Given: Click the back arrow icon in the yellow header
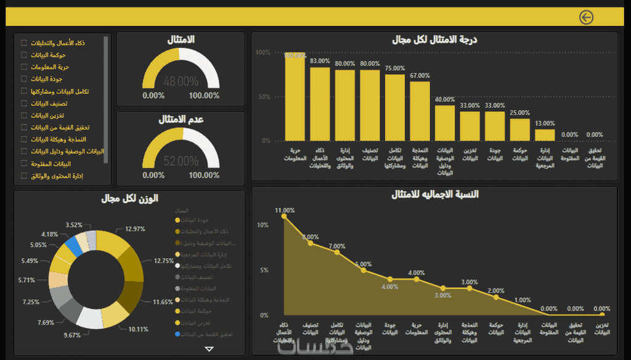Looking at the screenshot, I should coord(586,17).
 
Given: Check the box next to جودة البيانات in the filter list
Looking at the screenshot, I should coord(24,79).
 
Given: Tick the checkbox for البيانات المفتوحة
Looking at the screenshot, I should coord(24,163).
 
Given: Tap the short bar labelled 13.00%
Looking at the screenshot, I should coord(545,134).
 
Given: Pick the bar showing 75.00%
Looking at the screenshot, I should coord(395,107).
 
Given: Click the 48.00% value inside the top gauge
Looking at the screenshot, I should coord(181,81).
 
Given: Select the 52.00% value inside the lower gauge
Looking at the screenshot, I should coord(181,162).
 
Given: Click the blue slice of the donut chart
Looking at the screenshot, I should coord(74,246).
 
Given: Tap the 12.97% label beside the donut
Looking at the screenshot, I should coord(134,229).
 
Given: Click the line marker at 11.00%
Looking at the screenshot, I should coord(284,216).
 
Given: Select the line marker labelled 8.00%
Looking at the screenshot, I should coord(311,243).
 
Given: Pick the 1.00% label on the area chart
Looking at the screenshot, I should coord(523,300).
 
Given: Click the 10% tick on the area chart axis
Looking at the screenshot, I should coord(263,225).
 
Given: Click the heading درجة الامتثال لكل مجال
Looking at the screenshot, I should coord(434,40).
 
